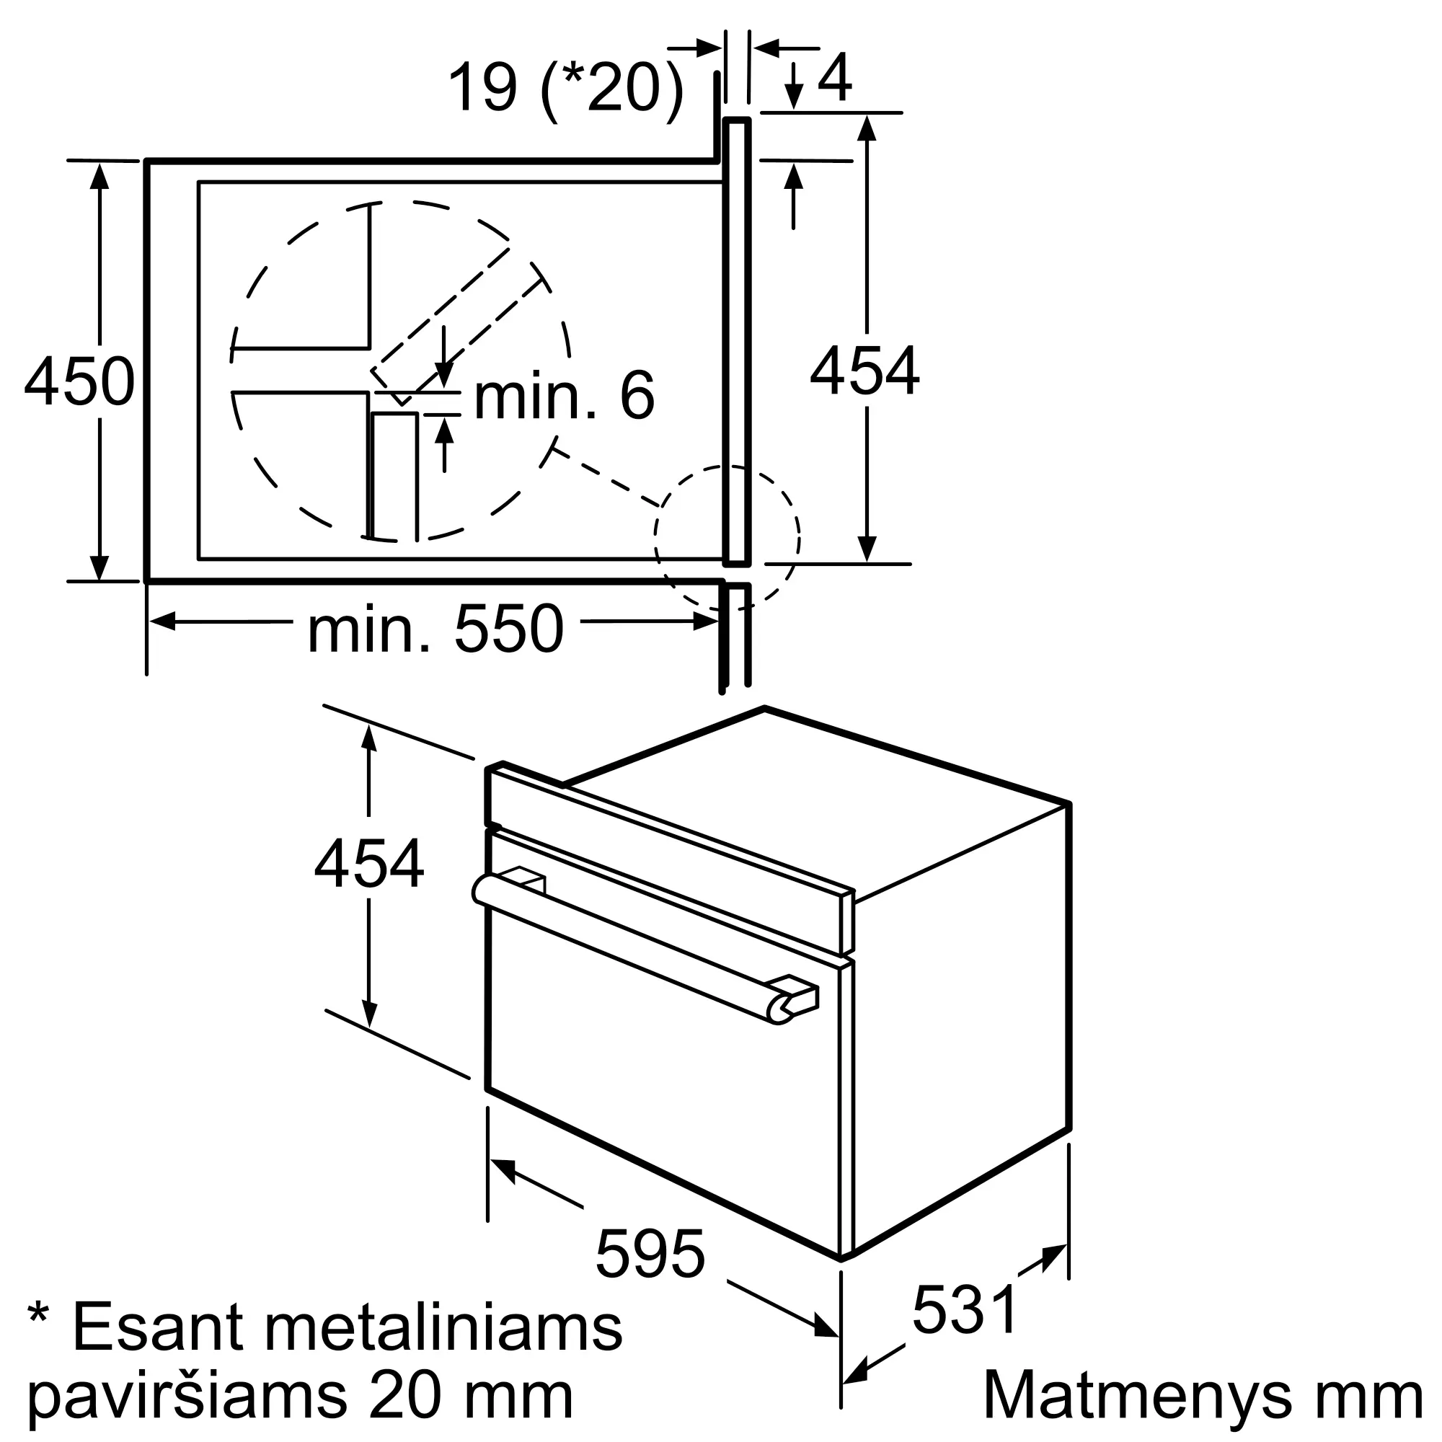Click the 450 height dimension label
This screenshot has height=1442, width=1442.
80,381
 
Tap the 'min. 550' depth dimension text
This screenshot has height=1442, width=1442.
436,630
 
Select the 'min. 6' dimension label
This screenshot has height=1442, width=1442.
565,396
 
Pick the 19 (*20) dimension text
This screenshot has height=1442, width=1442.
566,87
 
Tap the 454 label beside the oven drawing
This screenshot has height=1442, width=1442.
368,864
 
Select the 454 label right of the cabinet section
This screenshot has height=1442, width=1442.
865,371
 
